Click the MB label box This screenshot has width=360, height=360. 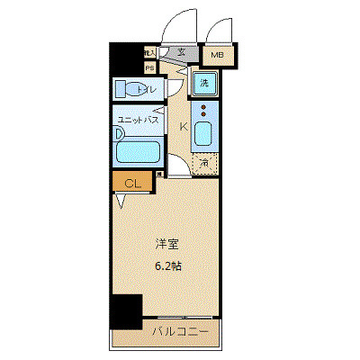(x=218, y=56)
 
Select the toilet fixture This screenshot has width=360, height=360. (x=135, y=89)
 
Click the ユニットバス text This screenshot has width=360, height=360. (x=136, y=118)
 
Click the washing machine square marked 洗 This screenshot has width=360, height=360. (x=205, y=84)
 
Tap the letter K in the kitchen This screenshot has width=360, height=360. (x=184, y=127)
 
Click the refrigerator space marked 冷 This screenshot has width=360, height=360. (x=205, y=164)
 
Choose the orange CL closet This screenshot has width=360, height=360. (x=132, y=184)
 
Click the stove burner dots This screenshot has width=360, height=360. (x=204, y=112)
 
